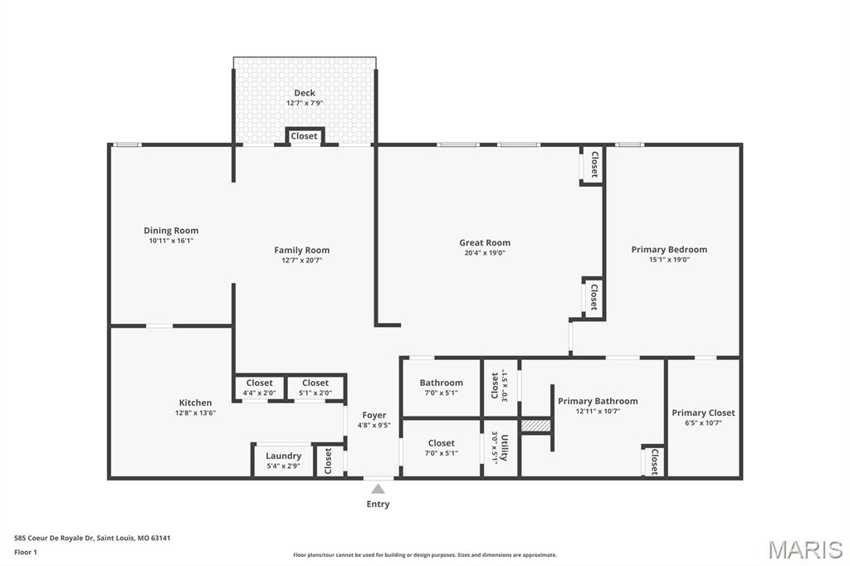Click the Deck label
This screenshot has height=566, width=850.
tap(305, 93)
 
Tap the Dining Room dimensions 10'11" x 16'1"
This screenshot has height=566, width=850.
tap(171, 241)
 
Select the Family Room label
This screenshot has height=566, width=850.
tap(302, 250)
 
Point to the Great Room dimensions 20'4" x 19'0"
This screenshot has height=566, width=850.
tap(486, 253)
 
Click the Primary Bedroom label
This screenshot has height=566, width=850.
tap(669, 249)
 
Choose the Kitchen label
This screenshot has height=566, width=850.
tap(195, 403)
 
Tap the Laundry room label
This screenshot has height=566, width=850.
tap(283, 456)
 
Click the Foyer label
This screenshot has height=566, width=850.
tap(374, 415)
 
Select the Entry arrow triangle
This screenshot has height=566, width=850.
tap(378, 489)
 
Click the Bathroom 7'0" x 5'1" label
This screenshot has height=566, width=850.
tap(441, 383)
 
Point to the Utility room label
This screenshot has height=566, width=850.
tap(504, 446)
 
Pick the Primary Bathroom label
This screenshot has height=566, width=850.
tap(598, 401)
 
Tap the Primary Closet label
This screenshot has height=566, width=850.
tap(703, 412)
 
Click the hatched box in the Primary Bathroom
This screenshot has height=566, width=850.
tap(536, 425)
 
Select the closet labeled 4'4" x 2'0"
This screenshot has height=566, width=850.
tap(259, 388)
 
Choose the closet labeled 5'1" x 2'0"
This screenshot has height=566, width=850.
tap(315, 388)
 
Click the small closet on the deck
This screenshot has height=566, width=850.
tap(304, 136)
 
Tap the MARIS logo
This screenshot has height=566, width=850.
tap(804, 549)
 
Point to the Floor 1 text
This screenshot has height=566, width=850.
tap(27, 552)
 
